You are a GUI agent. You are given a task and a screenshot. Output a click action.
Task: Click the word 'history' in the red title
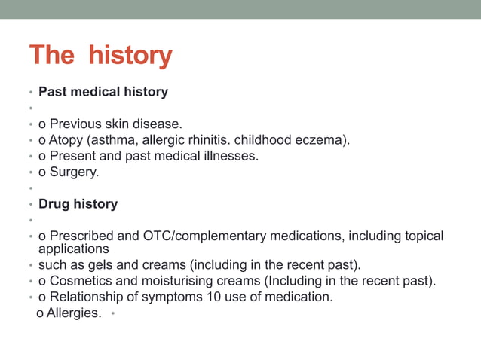click(x=130, y=56)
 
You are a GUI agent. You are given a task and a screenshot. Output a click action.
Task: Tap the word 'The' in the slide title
click(x=52, y=56)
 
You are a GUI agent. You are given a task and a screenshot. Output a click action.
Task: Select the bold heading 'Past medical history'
click(x=103, y=92)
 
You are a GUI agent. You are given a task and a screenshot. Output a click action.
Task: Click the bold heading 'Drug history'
click(x=78, y=204)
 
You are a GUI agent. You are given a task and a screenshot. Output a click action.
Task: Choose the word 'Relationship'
click(x=87, y=297)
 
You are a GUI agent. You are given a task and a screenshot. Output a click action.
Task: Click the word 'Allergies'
click(x=74, y=313)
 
